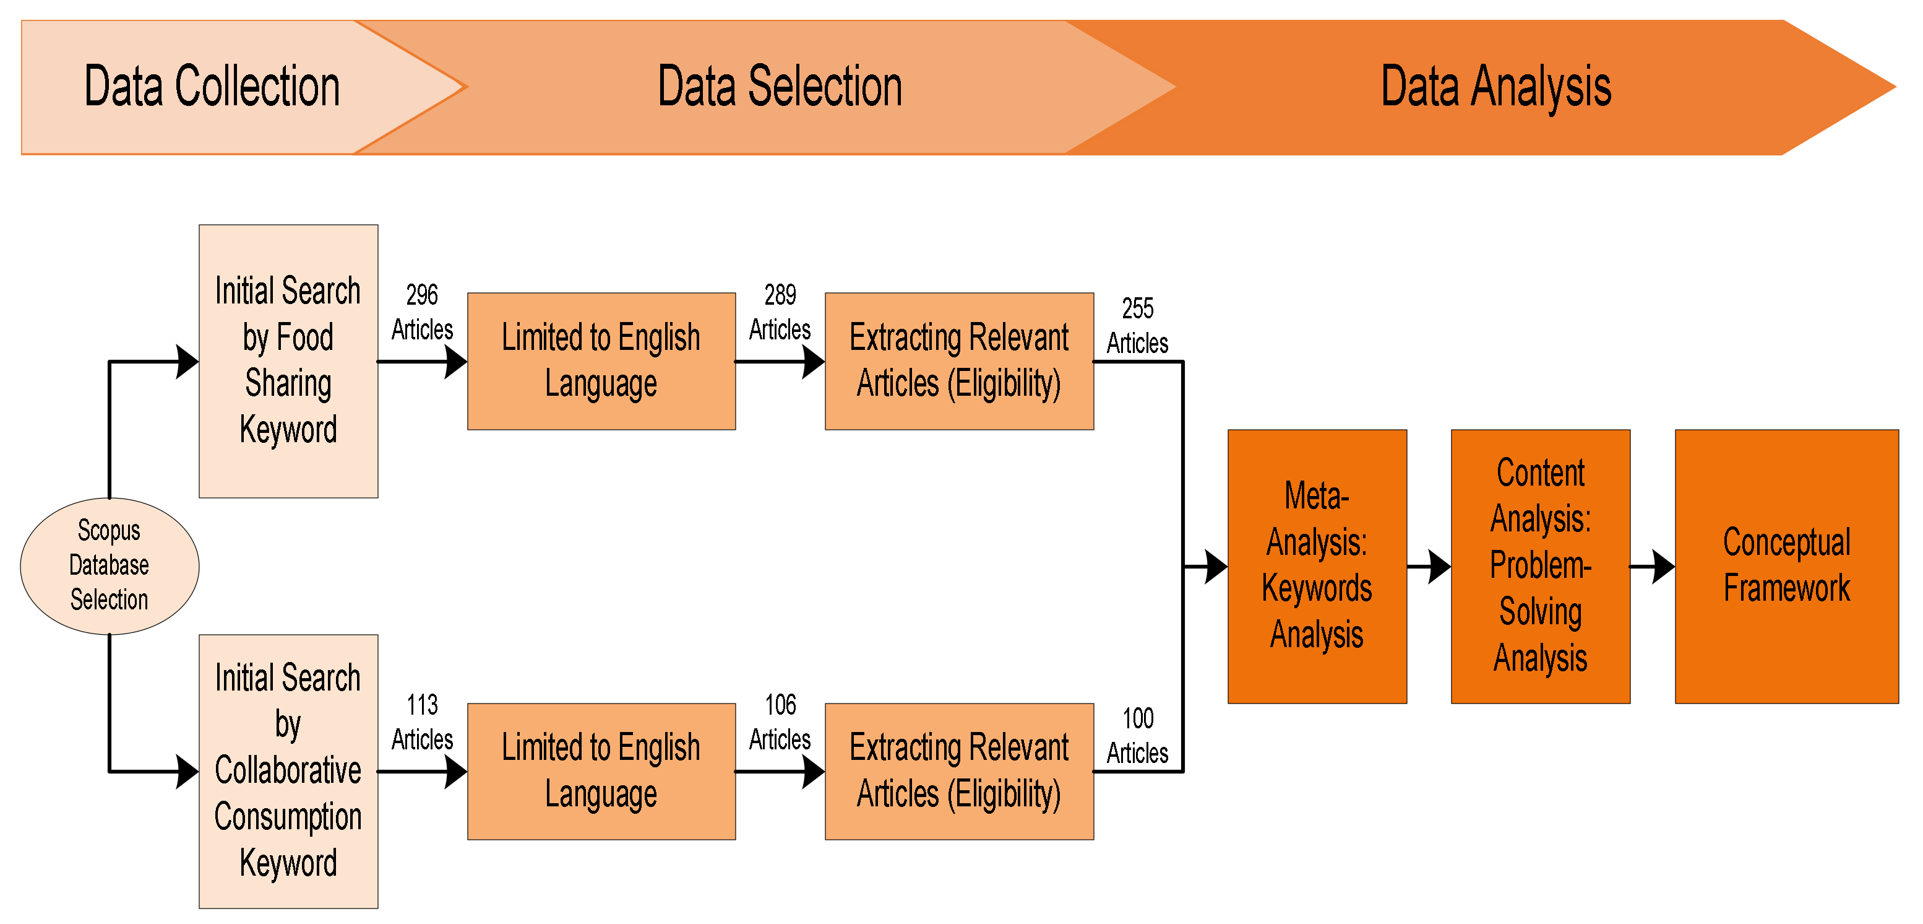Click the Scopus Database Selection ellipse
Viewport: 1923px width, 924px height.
point(109,565)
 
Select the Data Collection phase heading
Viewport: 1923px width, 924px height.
point(212,87)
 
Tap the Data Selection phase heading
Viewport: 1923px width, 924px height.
point(780,87)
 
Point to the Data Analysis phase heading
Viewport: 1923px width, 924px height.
point(1495,87)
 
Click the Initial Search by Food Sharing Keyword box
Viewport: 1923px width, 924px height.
point(288,361)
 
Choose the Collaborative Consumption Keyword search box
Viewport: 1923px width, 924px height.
point(288,771)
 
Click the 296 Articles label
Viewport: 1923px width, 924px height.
point(422,312)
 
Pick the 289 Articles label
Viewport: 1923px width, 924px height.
point(780,312)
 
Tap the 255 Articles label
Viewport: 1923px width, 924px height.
point(1137,325)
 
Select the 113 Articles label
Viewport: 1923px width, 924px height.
point(422,721)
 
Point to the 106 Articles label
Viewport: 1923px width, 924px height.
point(780,721)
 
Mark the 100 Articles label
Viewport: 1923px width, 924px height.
point(1137,735)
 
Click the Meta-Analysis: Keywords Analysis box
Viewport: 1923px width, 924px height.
point(1317,565)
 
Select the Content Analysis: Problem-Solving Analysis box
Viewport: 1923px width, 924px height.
point(1540,565)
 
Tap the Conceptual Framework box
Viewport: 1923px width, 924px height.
point(1786,565)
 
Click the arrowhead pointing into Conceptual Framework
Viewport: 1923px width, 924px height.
point(1663,566)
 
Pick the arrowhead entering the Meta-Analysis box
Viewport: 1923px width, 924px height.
point(1216,566)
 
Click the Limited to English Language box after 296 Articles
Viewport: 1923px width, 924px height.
point(601,361)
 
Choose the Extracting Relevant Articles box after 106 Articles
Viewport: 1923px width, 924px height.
point(958,771)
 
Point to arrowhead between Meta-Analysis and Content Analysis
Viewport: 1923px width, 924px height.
point(1439,566)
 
